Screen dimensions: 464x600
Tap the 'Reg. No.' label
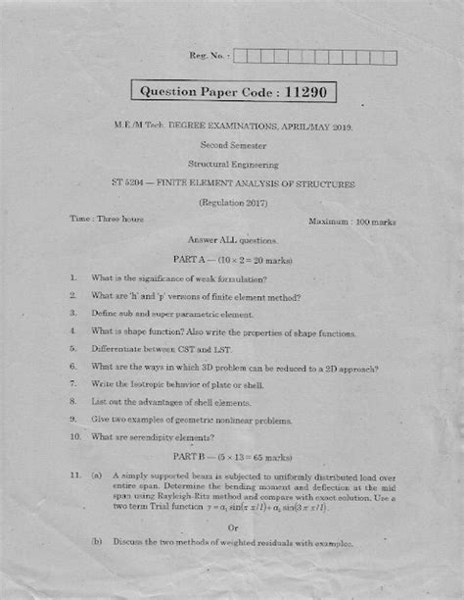(x=202, y=58)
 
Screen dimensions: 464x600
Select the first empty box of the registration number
(x=240, y=58)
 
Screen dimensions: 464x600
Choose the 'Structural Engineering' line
(x=233, y=165)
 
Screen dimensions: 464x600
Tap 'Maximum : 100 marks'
(x=349, y=223)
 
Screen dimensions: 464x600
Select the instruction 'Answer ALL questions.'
(x=233, y=240)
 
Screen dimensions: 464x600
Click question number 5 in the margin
(x=73, y=348)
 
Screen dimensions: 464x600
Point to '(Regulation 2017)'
(x=233, y=203)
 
